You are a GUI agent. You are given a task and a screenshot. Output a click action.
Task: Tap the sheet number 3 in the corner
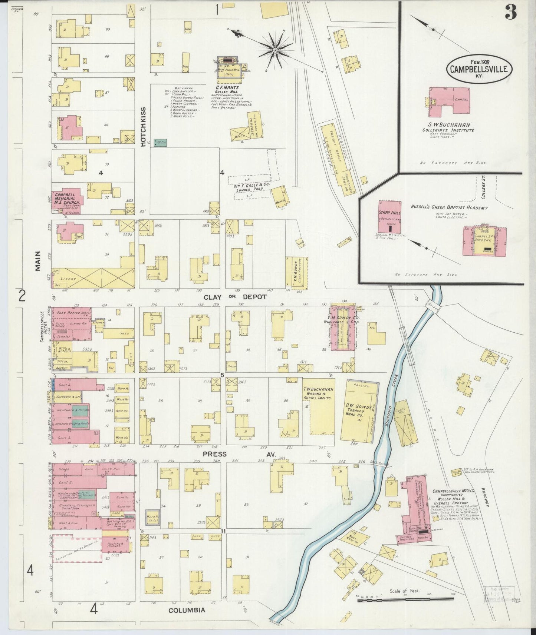(510, 13)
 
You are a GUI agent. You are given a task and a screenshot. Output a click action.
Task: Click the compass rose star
(275, 49)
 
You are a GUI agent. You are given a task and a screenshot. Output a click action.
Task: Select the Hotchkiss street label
(143, 127)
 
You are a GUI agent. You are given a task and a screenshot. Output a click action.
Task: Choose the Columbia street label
(187, 610)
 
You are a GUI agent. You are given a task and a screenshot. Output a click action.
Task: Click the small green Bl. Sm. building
(160, 143)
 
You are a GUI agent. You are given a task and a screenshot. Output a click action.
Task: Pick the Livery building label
(70, 279)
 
